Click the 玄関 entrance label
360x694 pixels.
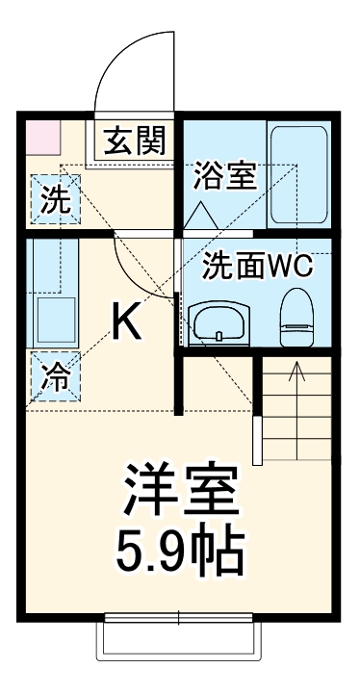tap(136, 141)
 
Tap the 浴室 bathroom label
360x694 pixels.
tap(224, 176)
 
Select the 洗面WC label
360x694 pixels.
tap(258, 267)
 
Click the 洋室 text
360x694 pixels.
tap(179, 491)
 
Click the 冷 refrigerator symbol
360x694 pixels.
tap(55, 375)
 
